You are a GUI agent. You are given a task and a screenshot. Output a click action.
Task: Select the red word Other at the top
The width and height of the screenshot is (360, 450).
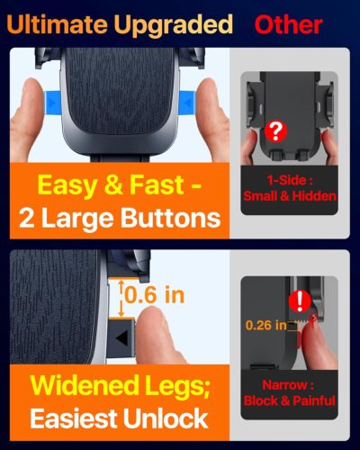[287, 23]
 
